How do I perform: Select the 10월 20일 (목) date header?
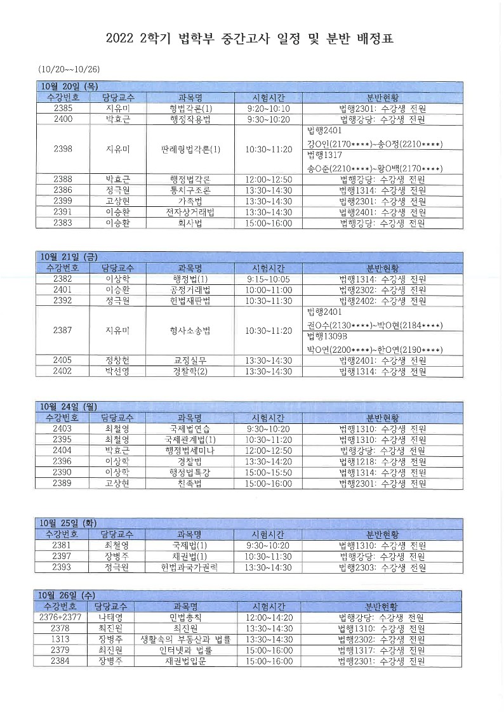pyautogui.click(x=69, y=86)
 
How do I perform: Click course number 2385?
pyautogui.click(x=63, y=109)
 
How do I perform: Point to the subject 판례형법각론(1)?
pyautogui.click(x=190, y=150)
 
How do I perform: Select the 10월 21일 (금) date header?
pyautogui.click(x=68, y=256)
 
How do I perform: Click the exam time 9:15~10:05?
pyautogui.click(x=268, y=279)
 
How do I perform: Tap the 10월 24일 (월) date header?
pyautogui.click(x=68, y=406)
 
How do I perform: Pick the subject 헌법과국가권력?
pyautogui.click(x=190, y=568)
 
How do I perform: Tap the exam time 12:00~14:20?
pyautogui.click(x=268, y=617)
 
